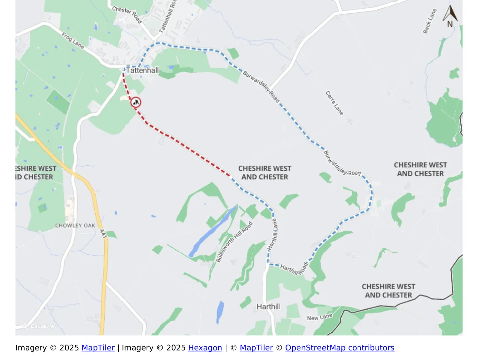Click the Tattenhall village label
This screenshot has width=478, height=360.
[142, 70]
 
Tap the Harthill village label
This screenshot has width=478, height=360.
[268, 306]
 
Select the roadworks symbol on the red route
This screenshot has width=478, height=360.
[136, 102]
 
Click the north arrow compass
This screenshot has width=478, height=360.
[450, 17]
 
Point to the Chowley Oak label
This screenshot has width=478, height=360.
[75, 226]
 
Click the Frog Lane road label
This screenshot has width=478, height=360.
[73, 40]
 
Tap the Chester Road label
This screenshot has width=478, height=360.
[127, 15]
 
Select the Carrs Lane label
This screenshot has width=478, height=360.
[334, 103]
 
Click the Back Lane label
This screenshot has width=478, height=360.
[429, 21]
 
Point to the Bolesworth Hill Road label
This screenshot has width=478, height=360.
[234, 242]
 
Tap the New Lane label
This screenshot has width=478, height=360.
[319, 317]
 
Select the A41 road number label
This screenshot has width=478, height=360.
[103, 234]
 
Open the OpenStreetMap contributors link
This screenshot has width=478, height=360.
[340, 348]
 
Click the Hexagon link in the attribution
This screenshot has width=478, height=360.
[205, 348]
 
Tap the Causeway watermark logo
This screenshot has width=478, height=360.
[39, 326]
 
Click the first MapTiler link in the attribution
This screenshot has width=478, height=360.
[98, 348]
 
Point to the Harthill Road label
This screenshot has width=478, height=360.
[294, 269]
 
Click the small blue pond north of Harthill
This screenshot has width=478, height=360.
[220, 312]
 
